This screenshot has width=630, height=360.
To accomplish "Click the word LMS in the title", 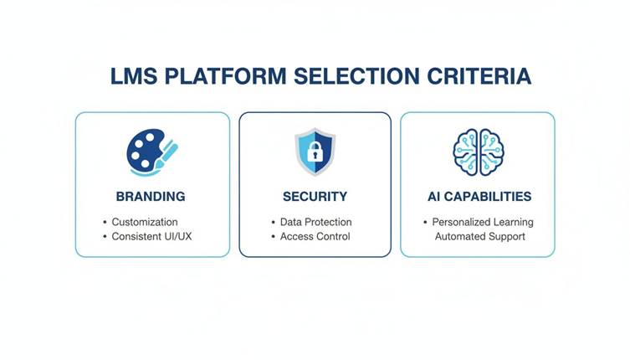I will point(133,76).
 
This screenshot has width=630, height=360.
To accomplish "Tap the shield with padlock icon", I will point(315,152).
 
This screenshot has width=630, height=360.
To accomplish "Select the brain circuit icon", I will point(478,152).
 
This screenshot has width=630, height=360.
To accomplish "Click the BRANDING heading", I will point(151,197).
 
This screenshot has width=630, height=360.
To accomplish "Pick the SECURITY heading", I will point(315,197).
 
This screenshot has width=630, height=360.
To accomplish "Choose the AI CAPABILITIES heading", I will point(477,197).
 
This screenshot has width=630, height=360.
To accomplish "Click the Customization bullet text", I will point(145,222).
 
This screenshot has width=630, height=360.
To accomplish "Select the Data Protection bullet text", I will point(316,222).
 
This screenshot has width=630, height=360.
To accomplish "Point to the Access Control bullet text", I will point(315,237).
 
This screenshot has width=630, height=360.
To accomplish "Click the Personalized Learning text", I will point(483,222).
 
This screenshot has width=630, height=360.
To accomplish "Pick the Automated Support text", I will point(480,237).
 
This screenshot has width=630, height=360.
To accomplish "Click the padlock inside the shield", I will point(315,153).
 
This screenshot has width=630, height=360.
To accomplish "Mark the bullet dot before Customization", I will point(105,222).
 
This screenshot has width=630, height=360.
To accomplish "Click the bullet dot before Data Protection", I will point(273,222).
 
